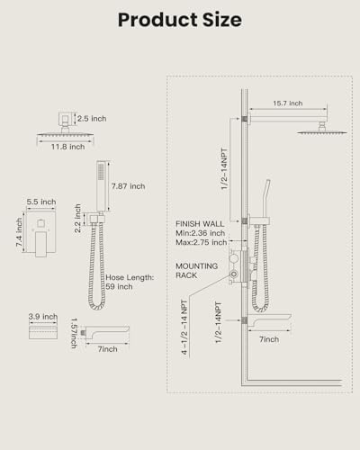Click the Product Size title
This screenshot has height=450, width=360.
click(180, 20)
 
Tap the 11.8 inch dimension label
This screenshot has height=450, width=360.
click(67, 147)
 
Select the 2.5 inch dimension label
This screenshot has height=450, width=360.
click(92, 119)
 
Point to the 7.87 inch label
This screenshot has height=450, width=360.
click(128, 186)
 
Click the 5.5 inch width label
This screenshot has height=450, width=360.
click(41, 202)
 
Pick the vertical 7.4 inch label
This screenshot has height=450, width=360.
click(19, 232)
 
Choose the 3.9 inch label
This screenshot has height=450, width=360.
click(43, 317)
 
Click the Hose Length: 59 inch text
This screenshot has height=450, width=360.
click(130, 282)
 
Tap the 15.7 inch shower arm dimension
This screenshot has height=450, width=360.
click(288, 103)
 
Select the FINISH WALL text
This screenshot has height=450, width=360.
click(200, 224)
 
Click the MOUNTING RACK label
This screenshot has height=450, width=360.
click(197, 271)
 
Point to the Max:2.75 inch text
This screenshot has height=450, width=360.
click(202, 242)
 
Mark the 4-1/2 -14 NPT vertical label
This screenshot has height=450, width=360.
click(184, 328)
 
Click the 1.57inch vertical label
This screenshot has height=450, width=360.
click(74, 333)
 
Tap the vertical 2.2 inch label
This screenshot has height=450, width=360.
click(77, 219)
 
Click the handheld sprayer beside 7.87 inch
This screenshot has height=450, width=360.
click(102, 186)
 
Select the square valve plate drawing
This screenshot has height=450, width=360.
click(40, 234)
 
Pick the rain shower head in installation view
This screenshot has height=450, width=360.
click(322, 130)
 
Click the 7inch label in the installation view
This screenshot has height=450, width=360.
click(269, 339)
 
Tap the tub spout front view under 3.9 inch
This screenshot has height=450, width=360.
click(43, 332)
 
